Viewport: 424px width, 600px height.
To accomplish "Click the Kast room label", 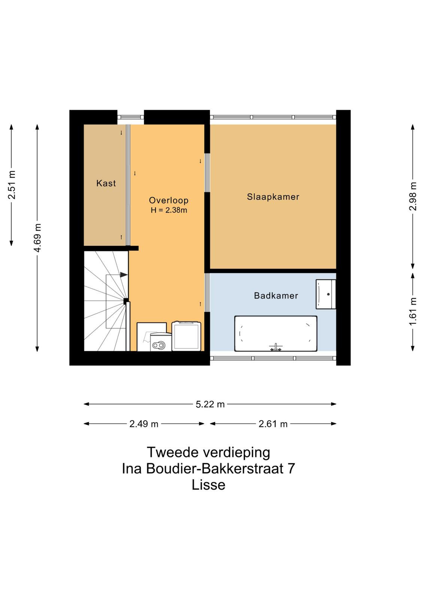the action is [106, 183].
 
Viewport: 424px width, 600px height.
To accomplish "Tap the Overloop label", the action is [169, 200].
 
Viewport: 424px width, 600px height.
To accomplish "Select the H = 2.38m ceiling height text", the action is [169, 210].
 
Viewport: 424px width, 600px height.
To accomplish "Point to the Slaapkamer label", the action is [273, 197].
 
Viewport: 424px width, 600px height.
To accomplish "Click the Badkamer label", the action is [276, 296].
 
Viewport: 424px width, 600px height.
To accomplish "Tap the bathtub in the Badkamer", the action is [276, 333].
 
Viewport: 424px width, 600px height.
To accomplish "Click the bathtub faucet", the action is [276, 347].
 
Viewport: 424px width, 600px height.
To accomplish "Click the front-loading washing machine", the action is [161, 342].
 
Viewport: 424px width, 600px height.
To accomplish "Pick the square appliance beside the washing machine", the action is [186, 336].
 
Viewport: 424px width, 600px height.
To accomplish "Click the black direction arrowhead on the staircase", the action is [124, 275].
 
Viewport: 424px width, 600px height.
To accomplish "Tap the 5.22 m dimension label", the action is [210, 404].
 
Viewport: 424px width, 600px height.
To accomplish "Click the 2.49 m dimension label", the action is [144, 424].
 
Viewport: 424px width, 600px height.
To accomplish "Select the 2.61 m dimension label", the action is [273, 424].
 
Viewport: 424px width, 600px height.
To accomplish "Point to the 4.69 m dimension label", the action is [38, 238].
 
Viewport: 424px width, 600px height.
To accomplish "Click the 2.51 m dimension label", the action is [12, 185].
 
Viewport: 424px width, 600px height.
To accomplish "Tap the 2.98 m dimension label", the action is [413, 196].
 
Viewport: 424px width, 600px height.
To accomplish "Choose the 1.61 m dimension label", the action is [413, 311].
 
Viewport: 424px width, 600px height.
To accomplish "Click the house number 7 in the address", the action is [291, 468].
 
